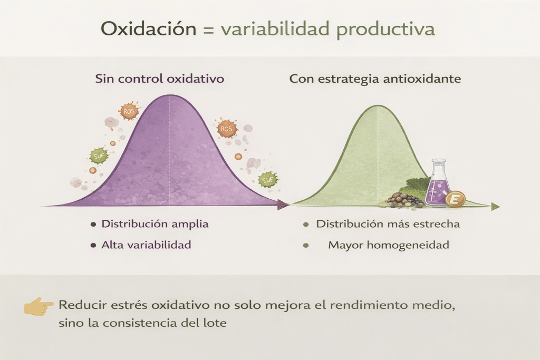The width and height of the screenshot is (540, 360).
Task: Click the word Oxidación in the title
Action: click(x=148, y=28)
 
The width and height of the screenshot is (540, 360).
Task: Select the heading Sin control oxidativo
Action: click(x=159, y=79)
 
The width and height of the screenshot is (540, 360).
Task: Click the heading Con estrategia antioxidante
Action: click(x=375, y=79)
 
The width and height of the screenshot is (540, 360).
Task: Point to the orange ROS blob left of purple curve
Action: click(x=129, y=111)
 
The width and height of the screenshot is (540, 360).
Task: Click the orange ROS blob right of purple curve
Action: click(x=226, y=129)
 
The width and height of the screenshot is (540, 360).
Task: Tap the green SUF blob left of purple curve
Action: click(x=99, y=156)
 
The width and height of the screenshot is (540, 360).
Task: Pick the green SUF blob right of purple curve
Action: click(x=267, y=179)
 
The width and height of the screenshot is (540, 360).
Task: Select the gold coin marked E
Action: click(x=455, y=199)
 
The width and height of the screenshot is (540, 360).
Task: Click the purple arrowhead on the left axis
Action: click(x=283, y=205)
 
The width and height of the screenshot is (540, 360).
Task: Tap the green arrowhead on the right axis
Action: click(x=496, y=207)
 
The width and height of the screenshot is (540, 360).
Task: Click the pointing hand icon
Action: click(x=38, y=306)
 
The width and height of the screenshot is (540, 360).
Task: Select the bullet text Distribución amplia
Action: click(x=155, y=224)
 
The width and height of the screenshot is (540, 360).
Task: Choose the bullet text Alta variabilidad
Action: click(x=146, y=245)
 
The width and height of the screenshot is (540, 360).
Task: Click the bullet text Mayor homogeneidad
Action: click(x=389, y=245)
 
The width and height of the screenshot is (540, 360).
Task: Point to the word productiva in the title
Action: click(x=385, y=30)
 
